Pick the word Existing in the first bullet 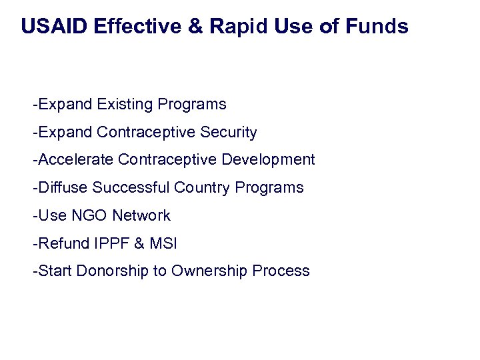[x=124, y=105]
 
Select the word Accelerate [x=76, y=160]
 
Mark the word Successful [x=131, y=188]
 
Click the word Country [x=202, y=188]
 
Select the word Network [x=141, y=216]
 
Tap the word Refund [x=61, y=243]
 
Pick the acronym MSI [x=163, y=243]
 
